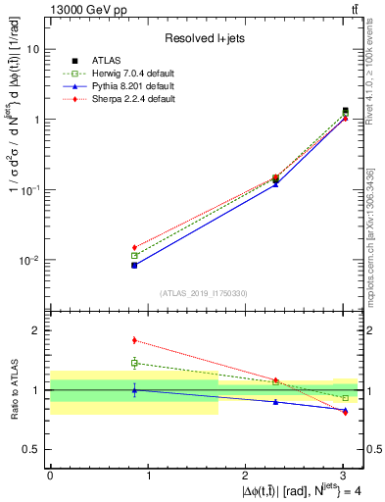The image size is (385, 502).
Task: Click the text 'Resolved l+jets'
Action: [x=206, y=39]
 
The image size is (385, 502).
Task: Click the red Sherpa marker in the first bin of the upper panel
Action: [x=134, y=247]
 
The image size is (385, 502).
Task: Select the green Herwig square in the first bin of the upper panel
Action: [x=134, y=256]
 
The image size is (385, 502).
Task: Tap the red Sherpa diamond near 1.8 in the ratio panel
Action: [x=134, y=340]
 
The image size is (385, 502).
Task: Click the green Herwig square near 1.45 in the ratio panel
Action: [x=134, y=363]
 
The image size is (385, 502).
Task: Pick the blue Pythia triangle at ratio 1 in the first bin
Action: [x=134, y=390]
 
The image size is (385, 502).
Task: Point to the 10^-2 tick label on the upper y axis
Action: [x=31, y=261]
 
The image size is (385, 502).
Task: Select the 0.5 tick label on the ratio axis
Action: [x=33, y=449]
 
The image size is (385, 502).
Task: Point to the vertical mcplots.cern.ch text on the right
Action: [x=376, y=226]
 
